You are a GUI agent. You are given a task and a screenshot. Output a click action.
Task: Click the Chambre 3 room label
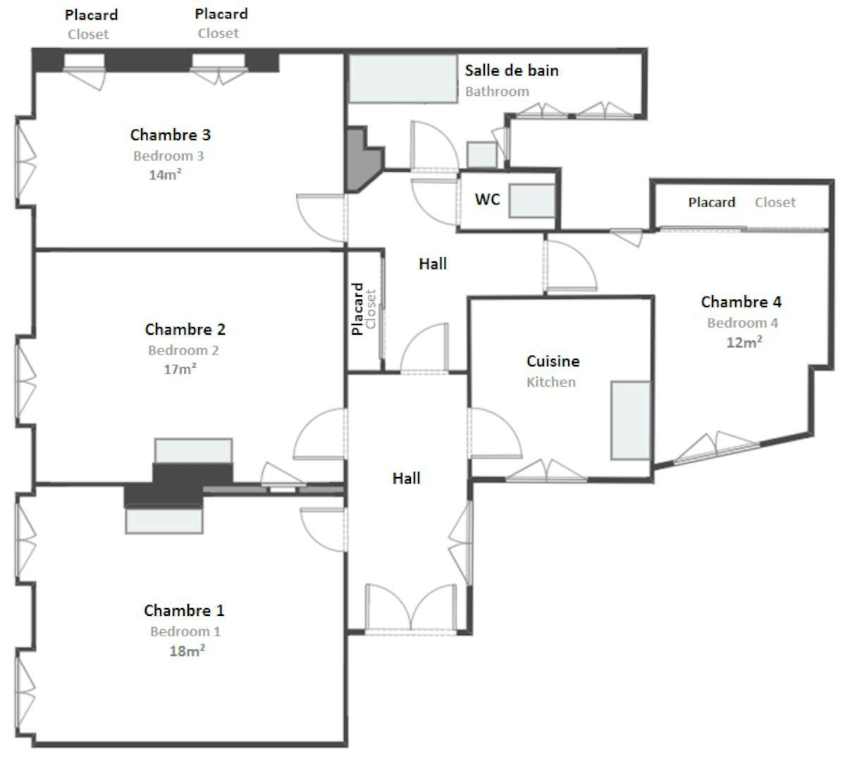(x=170, y=135)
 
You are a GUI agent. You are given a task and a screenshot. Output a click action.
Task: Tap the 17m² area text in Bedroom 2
(x=180, y=369)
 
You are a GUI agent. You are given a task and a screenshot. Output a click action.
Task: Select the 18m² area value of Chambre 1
(x=187, y=651)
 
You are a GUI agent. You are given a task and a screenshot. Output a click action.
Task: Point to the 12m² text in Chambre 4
(x=743, y=342)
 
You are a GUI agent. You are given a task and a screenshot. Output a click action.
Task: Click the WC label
(x=487, y=199)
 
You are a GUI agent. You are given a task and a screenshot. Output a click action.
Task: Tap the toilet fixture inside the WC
(x=531, y=201)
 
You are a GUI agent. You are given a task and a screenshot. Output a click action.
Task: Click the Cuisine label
(x=552, y=361)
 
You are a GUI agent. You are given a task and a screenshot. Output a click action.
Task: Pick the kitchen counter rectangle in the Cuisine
(x=630, y=421)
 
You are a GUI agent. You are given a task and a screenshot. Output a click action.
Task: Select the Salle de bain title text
(x=512, y=70)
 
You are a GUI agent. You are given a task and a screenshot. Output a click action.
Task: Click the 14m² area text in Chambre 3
(x=165, y=175)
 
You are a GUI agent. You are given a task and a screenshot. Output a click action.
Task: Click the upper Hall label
(x=433, y=264)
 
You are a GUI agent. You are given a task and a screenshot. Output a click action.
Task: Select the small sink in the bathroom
(x=482, y=155)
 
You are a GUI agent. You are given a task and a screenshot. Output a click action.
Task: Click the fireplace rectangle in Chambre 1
(x=163, y=520)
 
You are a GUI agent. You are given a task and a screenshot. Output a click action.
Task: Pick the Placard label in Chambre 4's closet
(x=711, y=203)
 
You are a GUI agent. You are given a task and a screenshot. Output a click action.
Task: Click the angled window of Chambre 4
(x=716, y=448)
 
